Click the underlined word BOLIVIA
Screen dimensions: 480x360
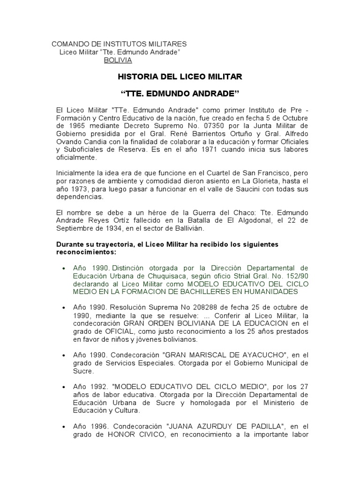click(x=118, y=60)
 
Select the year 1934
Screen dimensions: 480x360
click(x=119, y=229)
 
